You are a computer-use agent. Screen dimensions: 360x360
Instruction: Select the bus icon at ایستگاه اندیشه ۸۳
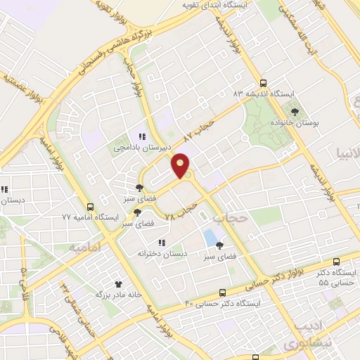point(264,82)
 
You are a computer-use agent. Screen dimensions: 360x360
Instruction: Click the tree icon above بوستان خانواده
point(295,111)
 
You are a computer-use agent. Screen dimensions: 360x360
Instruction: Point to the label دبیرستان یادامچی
point(141,148)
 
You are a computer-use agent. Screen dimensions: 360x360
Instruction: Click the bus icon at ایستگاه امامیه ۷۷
point(90,207)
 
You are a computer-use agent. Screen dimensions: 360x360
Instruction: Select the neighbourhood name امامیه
point(85,247)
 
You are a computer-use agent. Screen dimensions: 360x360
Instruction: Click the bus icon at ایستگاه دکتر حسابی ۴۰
point(223,292)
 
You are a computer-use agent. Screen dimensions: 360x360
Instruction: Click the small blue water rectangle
point(210,238)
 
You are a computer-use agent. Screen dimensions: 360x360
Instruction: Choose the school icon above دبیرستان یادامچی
point(141,137)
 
